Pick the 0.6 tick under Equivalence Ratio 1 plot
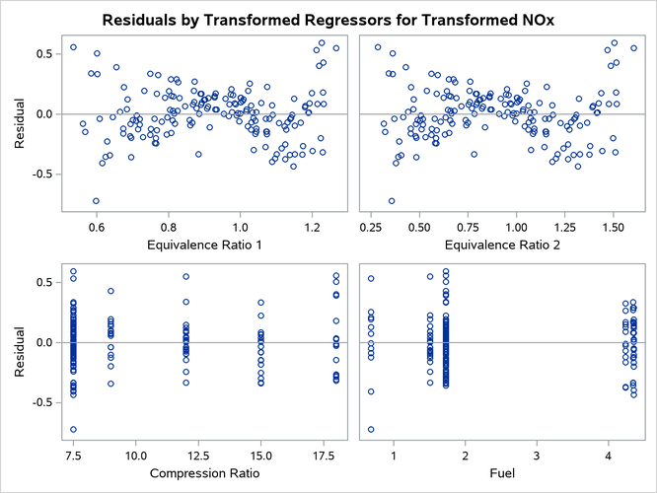pos(96,225)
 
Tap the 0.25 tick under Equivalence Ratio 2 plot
pos(372,225)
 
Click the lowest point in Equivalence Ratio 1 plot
pos(96,201)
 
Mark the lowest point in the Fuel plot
pos(371,429)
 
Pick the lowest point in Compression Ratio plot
pos(73,429)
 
